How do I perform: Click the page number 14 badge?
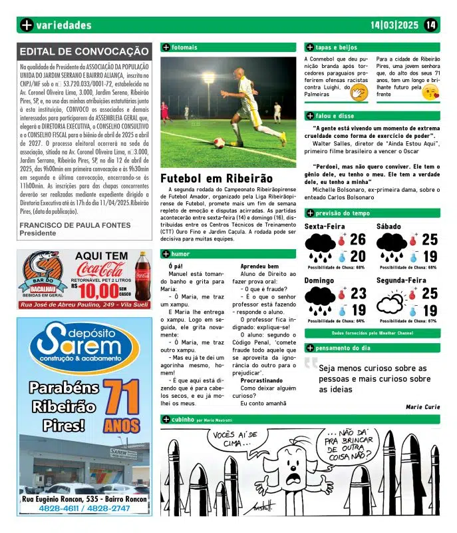tap(430, 25)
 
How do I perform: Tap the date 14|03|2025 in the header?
tap(394, 25)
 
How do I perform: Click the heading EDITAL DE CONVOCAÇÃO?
tap(84, 51)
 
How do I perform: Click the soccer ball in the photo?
tap(219, 142)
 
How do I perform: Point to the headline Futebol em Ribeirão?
tap(217, 179)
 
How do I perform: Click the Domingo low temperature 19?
tap(358, 310)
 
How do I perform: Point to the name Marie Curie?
tap(422, 406)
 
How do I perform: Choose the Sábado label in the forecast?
tap(388, 227)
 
